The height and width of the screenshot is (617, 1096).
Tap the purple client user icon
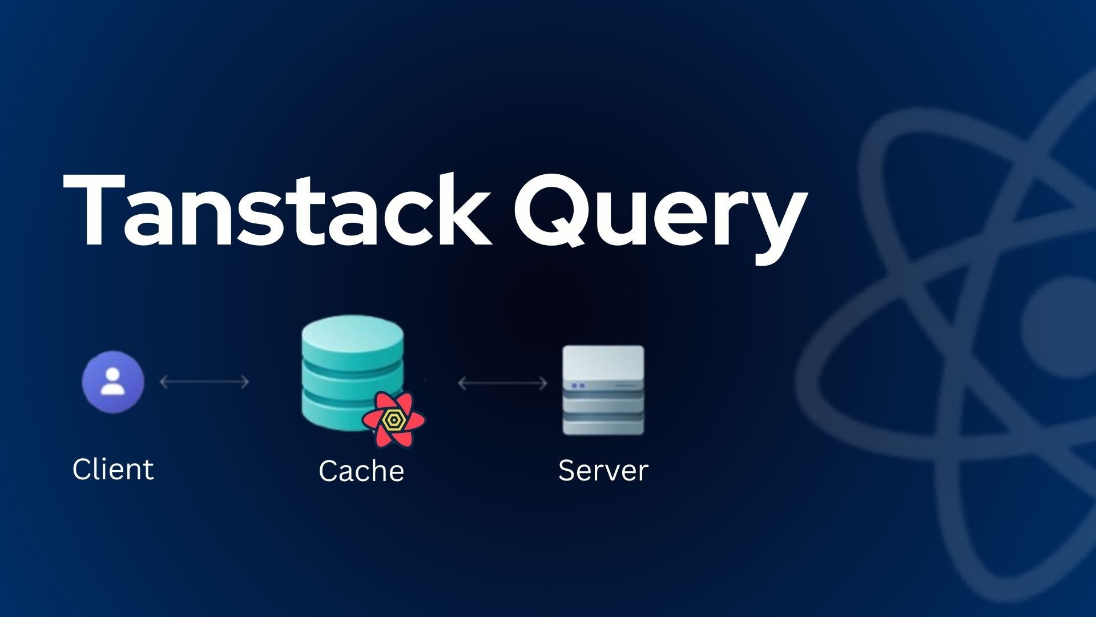113,382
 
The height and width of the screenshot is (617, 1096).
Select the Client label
113,470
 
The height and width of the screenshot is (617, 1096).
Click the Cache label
361,471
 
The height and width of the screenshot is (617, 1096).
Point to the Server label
603,471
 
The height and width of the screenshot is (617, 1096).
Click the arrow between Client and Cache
204,382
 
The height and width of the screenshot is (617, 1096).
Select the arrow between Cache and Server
503,383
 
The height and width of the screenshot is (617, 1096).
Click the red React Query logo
393,420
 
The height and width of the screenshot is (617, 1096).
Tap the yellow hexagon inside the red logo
393,420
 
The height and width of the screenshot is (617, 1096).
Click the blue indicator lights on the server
578,386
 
